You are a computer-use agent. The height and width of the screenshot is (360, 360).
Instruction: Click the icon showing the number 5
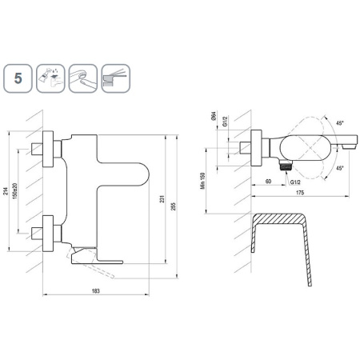(x=18, y=78)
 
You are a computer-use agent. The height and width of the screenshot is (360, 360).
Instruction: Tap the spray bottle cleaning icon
(x=50, y=78)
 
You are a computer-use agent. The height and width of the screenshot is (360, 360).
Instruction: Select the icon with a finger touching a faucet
(x=83, y=78)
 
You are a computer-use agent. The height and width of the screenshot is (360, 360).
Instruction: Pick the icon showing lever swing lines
(x=116, y=78)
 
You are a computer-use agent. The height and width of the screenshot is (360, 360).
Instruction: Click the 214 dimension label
(x=6, y=191)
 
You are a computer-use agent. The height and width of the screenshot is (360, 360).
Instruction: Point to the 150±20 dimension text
(x=14, y=190)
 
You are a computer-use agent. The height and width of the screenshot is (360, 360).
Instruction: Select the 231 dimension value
(x=162, y=198)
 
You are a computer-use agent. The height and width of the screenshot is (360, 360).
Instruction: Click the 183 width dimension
(x=96, y=290)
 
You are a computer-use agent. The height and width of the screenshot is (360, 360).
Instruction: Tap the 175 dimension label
(x=300, y=193)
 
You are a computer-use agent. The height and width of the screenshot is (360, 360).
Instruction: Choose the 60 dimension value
(x=268, y=182)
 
